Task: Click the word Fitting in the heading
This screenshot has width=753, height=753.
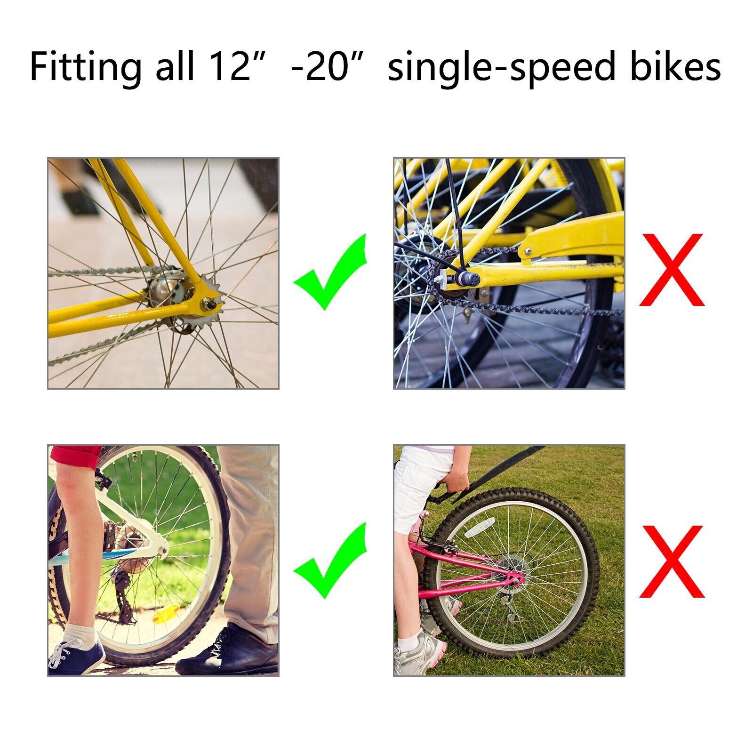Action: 85,66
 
